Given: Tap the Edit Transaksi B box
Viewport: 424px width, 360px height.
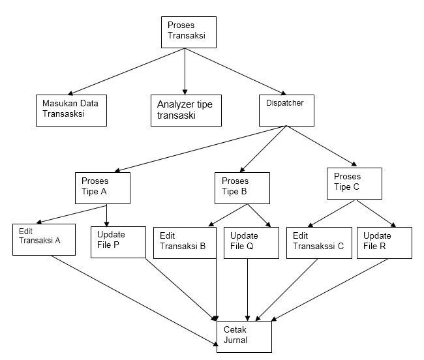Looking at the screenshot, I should coord(184,243).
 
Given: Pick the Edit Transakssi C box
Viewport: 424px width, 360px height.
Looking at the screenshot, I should coord(318,242).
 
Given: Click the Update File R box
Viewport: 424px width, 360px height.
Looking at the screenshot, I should coord(384,242).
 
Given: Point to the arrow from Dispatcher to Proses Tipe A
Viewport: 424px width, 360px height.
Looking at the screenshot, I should coord(196,149).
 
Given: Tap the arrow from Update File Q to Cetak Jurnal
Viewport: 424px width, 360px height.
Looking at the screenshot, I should coord(247,287).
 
